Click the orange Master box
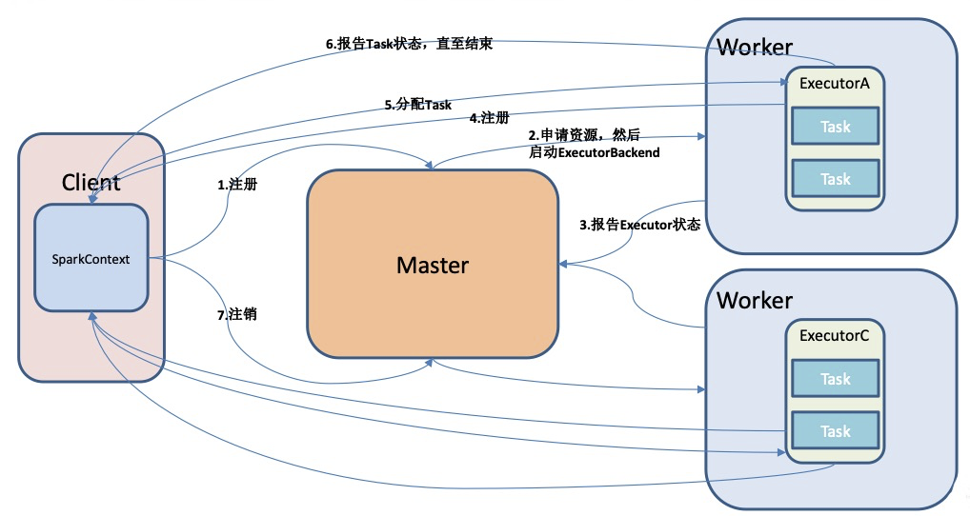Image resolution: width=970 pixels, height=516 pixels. (x=433, y=264)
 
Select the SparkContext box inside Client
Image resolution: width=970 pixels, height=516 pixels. (x=91, y=258)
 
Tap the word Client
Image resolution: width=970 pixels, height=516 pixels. (x=91, y=182)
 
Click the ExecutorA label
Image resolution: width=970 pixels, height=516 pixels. (x=834, y=84)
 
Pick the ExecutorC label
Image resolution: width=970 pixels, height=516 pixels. (x=834, y=335)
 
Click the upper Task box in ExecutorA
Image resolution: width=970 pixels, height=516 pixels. (x=835, y=126)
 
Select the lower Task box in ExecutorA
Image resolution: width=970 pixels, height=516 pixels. (x=835, y=179)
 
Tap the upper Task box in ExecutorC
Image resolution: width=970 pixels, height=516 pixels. (x=835, y=378)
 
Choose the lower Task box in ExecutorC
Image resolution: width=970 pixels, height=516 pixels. (x=835, y=430)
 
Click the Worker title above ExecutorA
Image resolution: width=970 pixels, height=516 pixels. (x=755, y=47)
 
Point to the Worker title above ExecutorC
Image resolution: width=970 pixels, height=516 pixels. (x=755, y=300)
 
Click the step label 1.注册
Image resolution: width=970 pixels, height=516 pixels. (x=237, y=184)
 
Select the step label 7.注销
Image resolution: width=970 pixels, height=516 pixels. (x=237, y=314)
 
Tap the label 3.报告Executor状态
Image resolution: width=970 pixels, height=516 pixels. (x=639, y=225)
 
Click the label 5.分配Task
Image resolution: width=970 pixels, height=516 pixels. (x=418, y=105)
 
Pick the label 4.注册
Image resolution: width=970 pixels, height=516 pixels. (x=490, y=117)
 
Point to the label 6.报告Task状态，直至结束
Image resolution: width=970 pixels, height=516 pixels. (x=410, y=44)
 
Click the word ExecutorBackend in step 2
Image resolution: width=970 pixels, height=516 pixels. (x=609, y=152)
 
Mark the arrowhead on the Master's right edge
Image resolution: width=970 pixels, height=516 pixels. (x=563, y=264)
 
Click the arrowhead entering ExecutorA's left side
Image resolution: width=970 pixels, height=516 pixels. (x=780, y=81)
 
